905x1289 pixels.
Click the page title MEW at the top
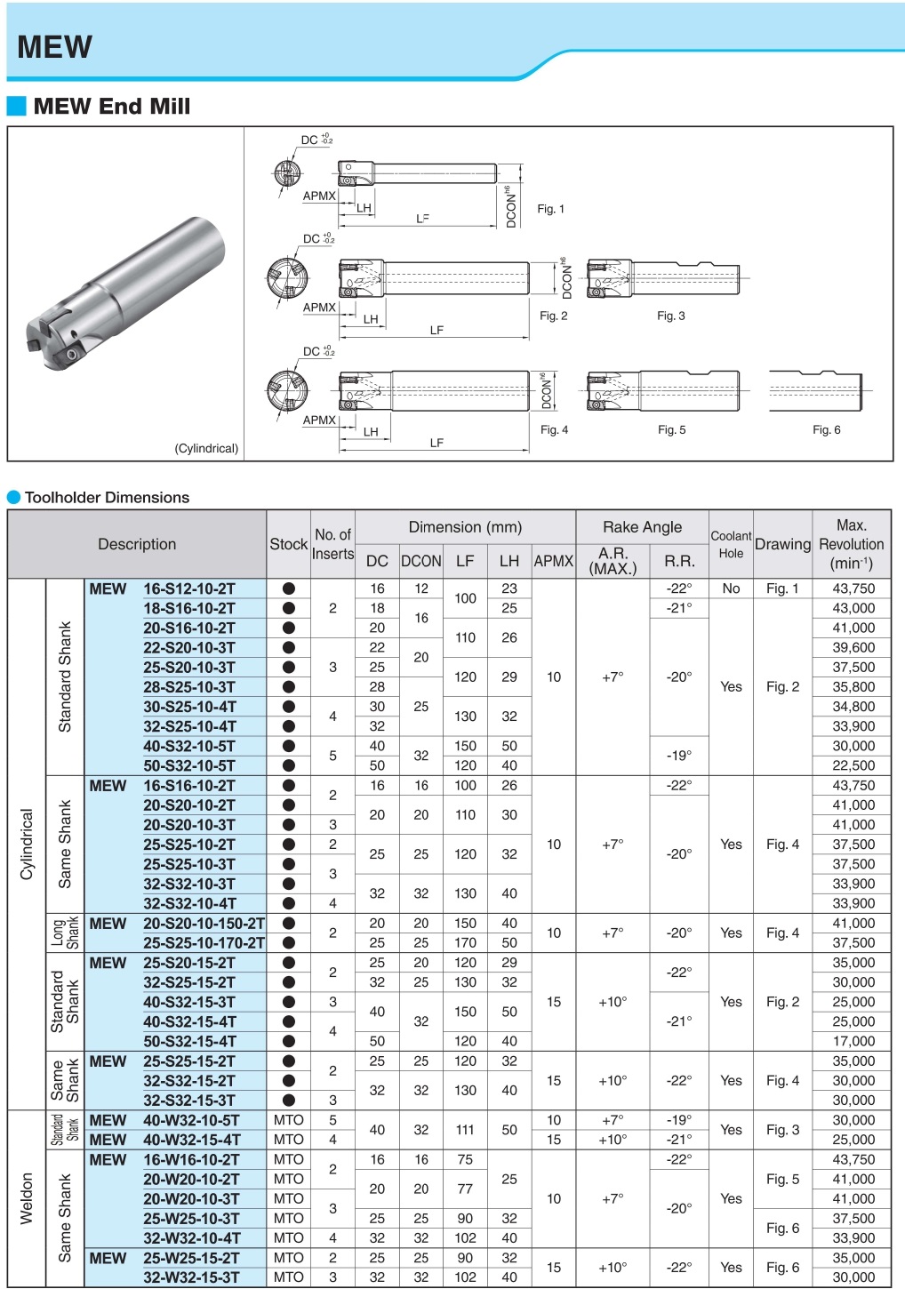point(54,46)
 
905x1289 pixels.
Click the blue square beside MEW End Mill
point(16,106)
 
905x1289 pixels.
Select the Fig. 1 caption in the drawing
point(550,209)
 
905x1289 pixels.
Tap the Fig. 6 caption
point(826,430)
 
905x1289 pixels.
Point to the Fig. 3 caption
point(671,316)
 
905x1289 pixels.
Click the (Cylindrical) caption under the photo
point(206,448)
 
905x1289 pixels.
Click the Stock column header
point(289,544)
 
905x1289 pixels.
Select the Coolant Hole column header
point(731,544)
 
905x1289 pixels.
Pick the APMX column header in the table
point(554,561)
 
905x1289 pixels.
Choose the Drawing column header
point(782,544)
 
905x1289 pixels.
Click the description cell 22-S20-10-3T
point(189,648)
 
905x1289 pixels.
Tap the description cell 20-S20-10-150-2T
point(204,924)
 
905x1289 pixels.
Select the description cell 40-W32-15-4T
point(192,1140)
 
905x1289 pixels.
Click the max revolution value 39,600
point(853,647)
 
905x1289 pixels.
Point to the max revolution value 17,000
point(853,1041)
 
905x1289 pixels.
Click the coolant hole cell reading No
point(731,588)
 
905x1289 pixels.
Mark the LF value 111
point(465,1130)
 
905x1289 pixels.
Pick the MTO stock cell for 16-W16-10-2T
point(288,1159)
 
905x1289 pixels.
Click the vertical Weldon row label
point(27,1198)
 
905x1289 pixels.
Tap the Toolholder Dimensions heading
point(107,497)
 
